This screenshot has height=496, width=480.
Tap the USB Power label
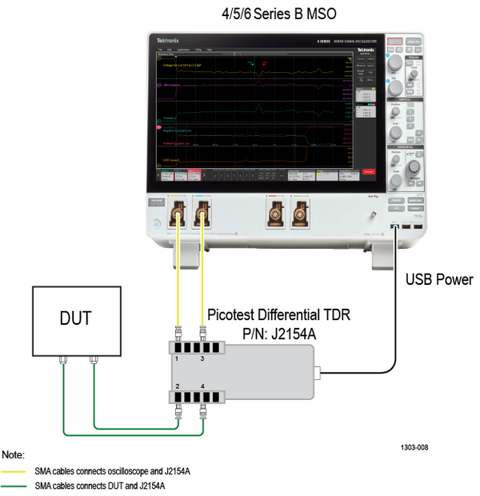(x=439, y=280)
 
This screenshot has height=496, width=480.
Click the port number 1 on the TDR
(x=176, y=361)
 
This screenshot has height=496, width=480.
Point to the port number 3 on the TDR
(x=202, y=361)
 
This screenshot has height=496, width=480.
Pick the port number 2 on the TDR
(x=176, y=386)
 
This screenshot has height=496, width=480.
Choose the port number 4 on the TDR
(x=202, y=386)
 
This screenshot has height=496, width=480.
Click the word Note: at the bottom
(x=14, y=454)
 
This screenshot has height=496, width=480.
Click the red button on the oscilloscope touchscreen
(x=368, y=172)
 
